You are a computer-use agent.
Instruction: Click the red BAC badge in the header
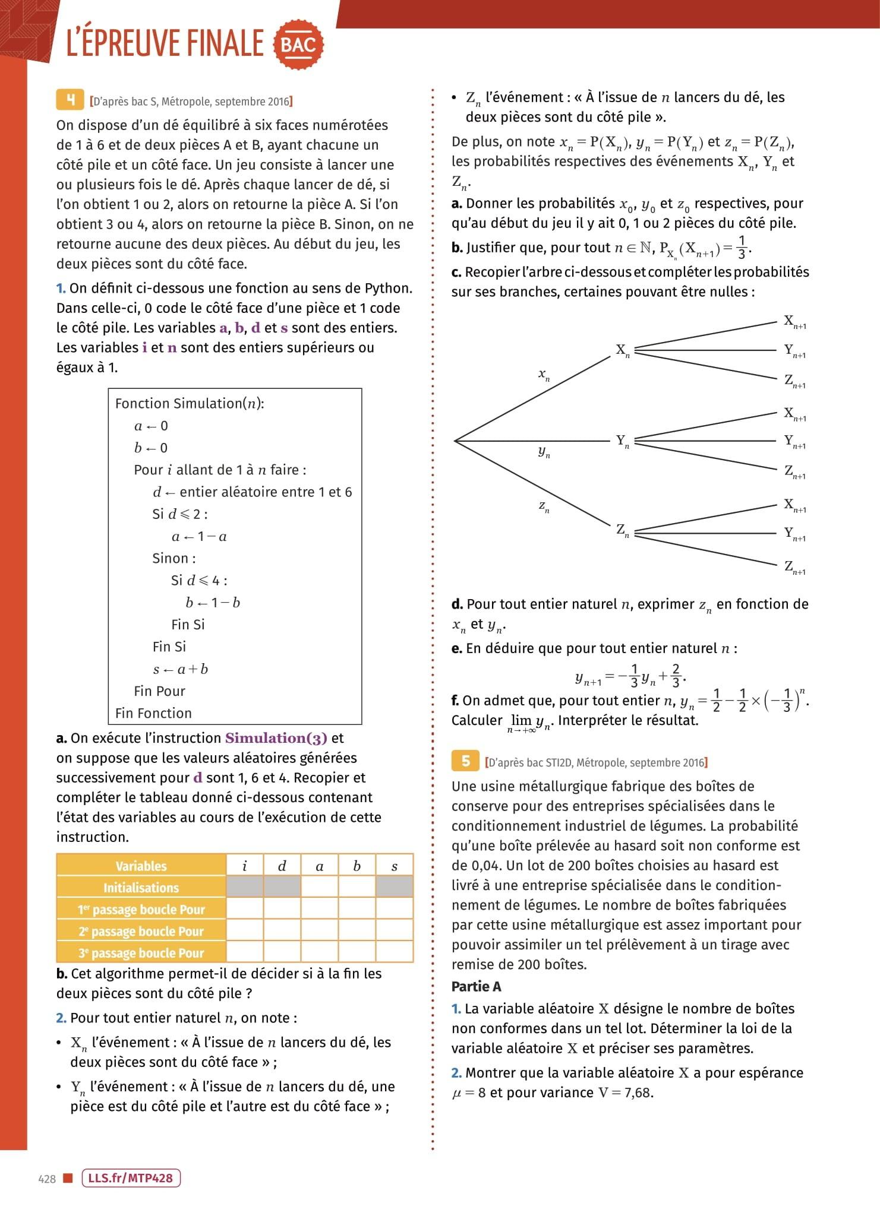tap(298, 44)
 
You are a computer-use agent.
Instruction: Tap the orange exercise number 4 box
tap(70, 100)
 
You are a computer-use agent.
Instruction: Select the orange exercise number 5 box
tap(466, 761)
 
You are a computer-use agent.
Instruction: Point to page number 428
tap(47, 1179)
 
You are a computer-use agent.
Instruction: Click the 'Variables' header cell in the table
tap(141, 866)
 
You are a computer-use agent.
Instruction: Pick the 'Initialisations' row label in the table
tap(141, 888)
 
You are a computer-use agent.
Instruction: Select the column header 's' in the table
tap(395, 866)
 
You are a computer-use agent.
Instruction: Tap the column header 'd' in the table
tap(282, 866)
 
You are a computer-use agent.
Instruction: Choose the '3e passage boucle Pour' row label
tap(141, 953)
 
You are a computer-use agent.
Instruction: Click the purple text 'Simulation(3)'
tap(276, 738)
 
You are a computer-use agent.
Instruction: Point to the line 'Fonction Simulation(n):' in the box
tap(190, 404)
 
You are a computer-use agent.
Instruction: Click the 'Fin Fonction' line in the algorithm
tap(153, 713)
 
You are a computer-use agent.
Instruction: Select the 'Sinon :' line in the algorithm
tap(174, 558)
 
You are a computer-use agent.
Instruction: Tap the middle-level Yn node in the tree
tap(622, 441)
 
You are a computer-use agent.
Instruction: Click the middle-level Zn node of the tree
tap(622, 530)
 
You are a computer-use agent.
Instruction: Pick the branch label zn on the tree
tap(544, 506)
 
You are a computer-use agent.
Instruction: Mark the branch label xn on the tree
tap(544, 375)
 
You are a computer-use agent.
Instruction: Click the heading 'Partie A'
tap(477, 987)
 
